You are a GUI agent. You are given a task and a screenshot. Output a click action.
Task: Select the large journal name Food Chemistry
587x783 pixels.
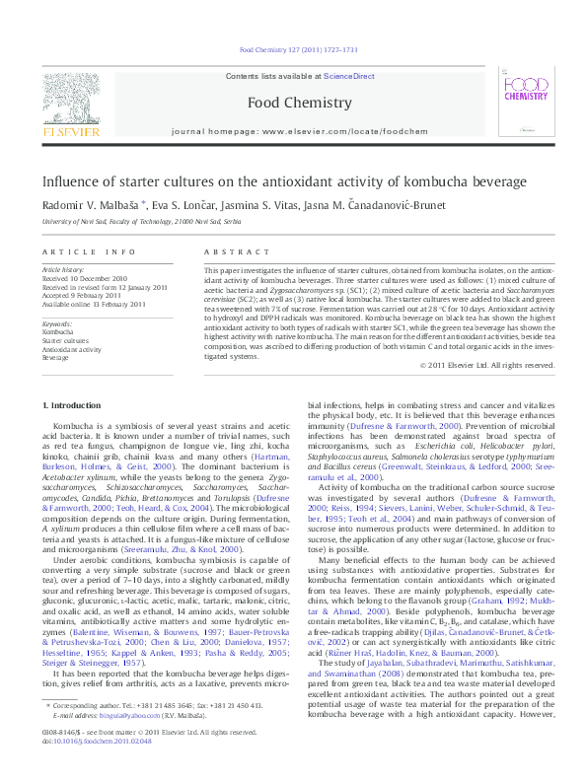coord(293,102)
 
